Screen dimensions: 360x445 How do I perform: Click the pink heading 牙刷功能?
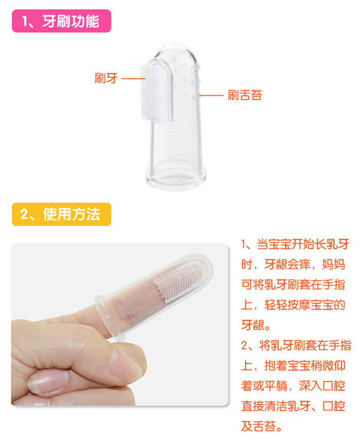tap(71, 21)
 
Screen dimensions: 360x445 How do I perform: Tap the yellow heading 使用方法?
tap(71, 214)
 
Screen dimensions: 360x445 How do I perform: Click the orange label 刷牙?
tap(106, 78)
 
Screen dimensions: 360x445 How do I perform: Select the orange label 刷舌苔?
tap(245, 95)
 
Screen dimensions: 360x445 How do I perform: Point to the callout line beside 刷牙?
tap(133, 78)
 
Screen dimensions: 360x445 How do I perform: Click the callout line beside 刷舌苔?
tap(211, 95)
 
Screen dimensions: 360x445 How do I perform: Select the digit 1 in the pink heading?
tap(25, 22)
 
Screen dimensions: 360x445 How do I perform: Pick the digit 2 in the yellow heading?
tap(24, 215)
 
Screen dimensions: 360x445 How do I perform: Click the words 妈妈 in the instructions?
tap(333, 265)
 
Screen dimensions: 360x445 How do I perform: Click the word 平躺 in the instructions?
tap(276, 386)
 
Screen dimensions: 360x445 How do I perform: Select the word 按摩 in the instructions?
tap(299, 305)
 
